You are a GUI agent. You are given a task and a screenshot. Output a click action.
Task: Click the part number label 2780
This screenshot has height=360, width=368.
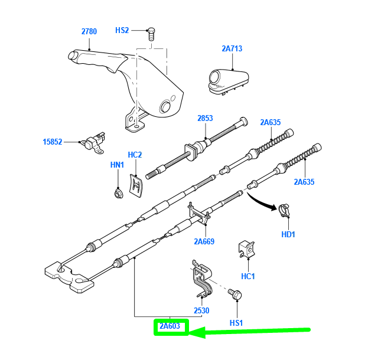point(89,31)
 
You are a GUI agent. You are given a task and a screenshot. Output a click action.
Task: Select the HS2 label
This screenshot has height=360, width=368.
point(122,30)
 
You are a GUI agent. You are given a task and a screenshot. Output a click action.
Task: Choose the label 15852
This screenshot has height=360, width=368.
point(53,142)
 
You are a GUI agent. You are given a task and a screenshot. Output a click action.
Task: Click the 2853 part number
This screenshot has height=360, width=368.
point(205,119)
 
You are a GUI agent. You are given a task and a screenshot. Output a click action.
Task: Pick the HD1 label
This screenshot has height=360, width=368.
point(289,235)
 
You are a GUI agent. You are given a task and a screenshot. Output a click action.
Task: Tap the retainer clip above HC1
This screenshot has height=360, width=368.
point(246,250)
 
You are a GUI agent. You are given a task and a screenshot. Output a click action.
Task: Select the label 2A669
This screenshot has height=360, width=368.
point(204,241)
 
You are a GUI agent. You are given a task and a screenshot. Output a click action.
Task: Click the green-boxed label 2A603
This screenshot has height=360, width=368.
point(170,325)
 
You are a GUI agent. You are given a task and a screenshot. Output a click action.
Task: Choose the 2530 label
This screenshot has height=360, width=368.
point(201,310)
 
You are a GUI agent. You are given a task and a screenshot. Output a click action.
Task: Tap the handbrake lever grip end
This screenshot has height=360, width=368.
point(73,56)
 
